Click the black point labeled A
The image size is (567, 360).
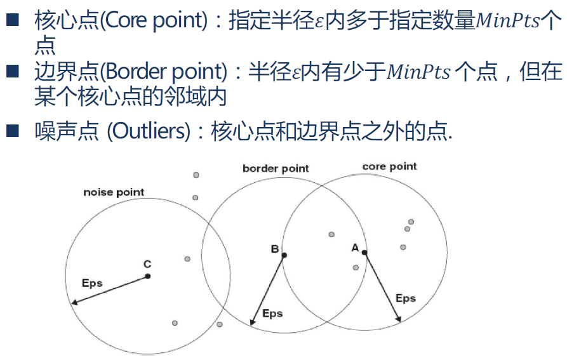[364, 253]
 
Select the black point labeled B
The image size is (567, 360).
[284, 255]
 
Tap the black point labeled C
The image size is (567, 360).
[147, 276]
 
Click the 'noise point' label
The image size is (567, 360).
[114, 192]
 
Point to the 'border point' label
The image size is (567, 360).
[276, 168]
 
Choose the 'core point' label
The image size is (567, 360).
[389, 166]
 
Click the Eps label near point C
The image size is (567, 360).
[92, 283]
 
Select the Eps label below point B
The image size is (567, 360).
[272, 313]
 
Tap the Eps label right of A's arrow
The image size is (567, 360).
[406, 298]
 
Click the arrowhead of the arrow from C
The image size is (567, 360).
[74, 303]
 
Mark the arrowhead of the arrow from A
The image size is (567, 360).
[399, 319]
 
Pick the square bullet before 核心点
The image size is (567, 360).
[14, 21]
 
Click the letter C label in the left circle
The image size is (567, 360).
[147, 263]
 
